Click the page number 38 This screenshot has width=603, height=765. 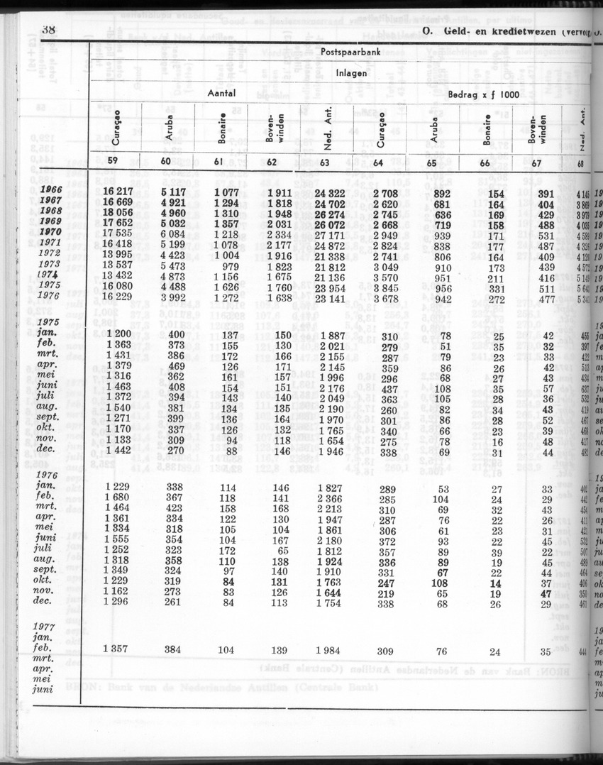49,30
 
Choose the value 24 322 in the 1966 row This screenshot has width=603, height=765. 330,192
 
